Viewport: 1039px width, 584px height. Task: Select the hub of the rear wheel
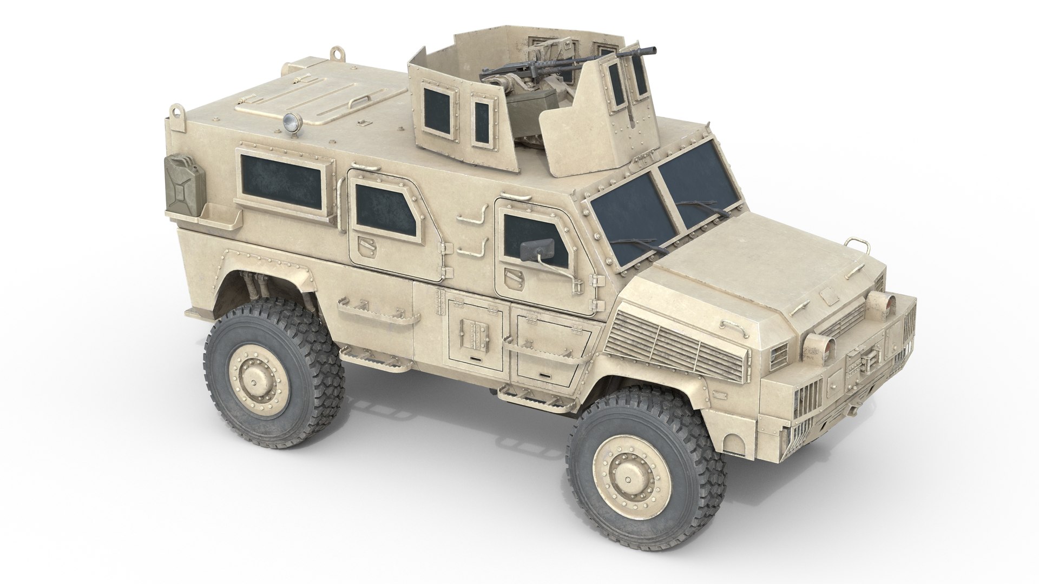pos(252,380)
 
